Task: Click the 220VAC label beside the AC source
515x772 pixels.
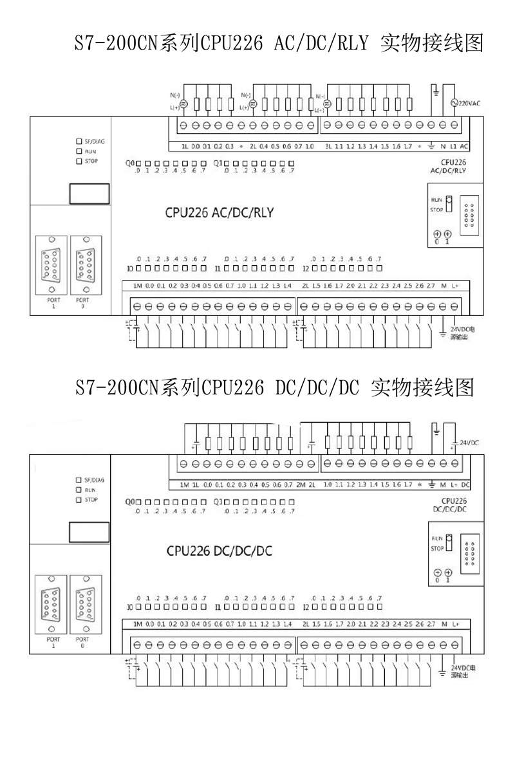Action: [x=471, y=103]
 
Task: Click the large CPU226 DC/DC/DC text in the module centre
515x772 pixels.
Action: [x=219, y=551]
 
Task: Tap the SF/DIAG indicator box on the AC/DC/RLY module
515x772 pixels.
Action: [x=79, y=140]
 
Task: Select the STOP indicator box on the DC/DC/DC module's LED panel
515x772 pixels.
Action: [x=79, y=499]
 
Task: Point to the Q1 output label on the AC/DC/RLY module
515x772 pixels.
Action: [x=218, y=163]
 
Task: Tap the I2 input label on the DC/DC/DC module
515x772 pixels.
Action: [x=306, y=606]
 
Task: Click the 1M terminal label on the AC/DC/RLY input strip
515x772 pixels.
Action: [x=137, y=285]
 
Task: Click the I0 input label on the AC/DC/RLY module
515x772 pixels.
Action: [x=129, y=268]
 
